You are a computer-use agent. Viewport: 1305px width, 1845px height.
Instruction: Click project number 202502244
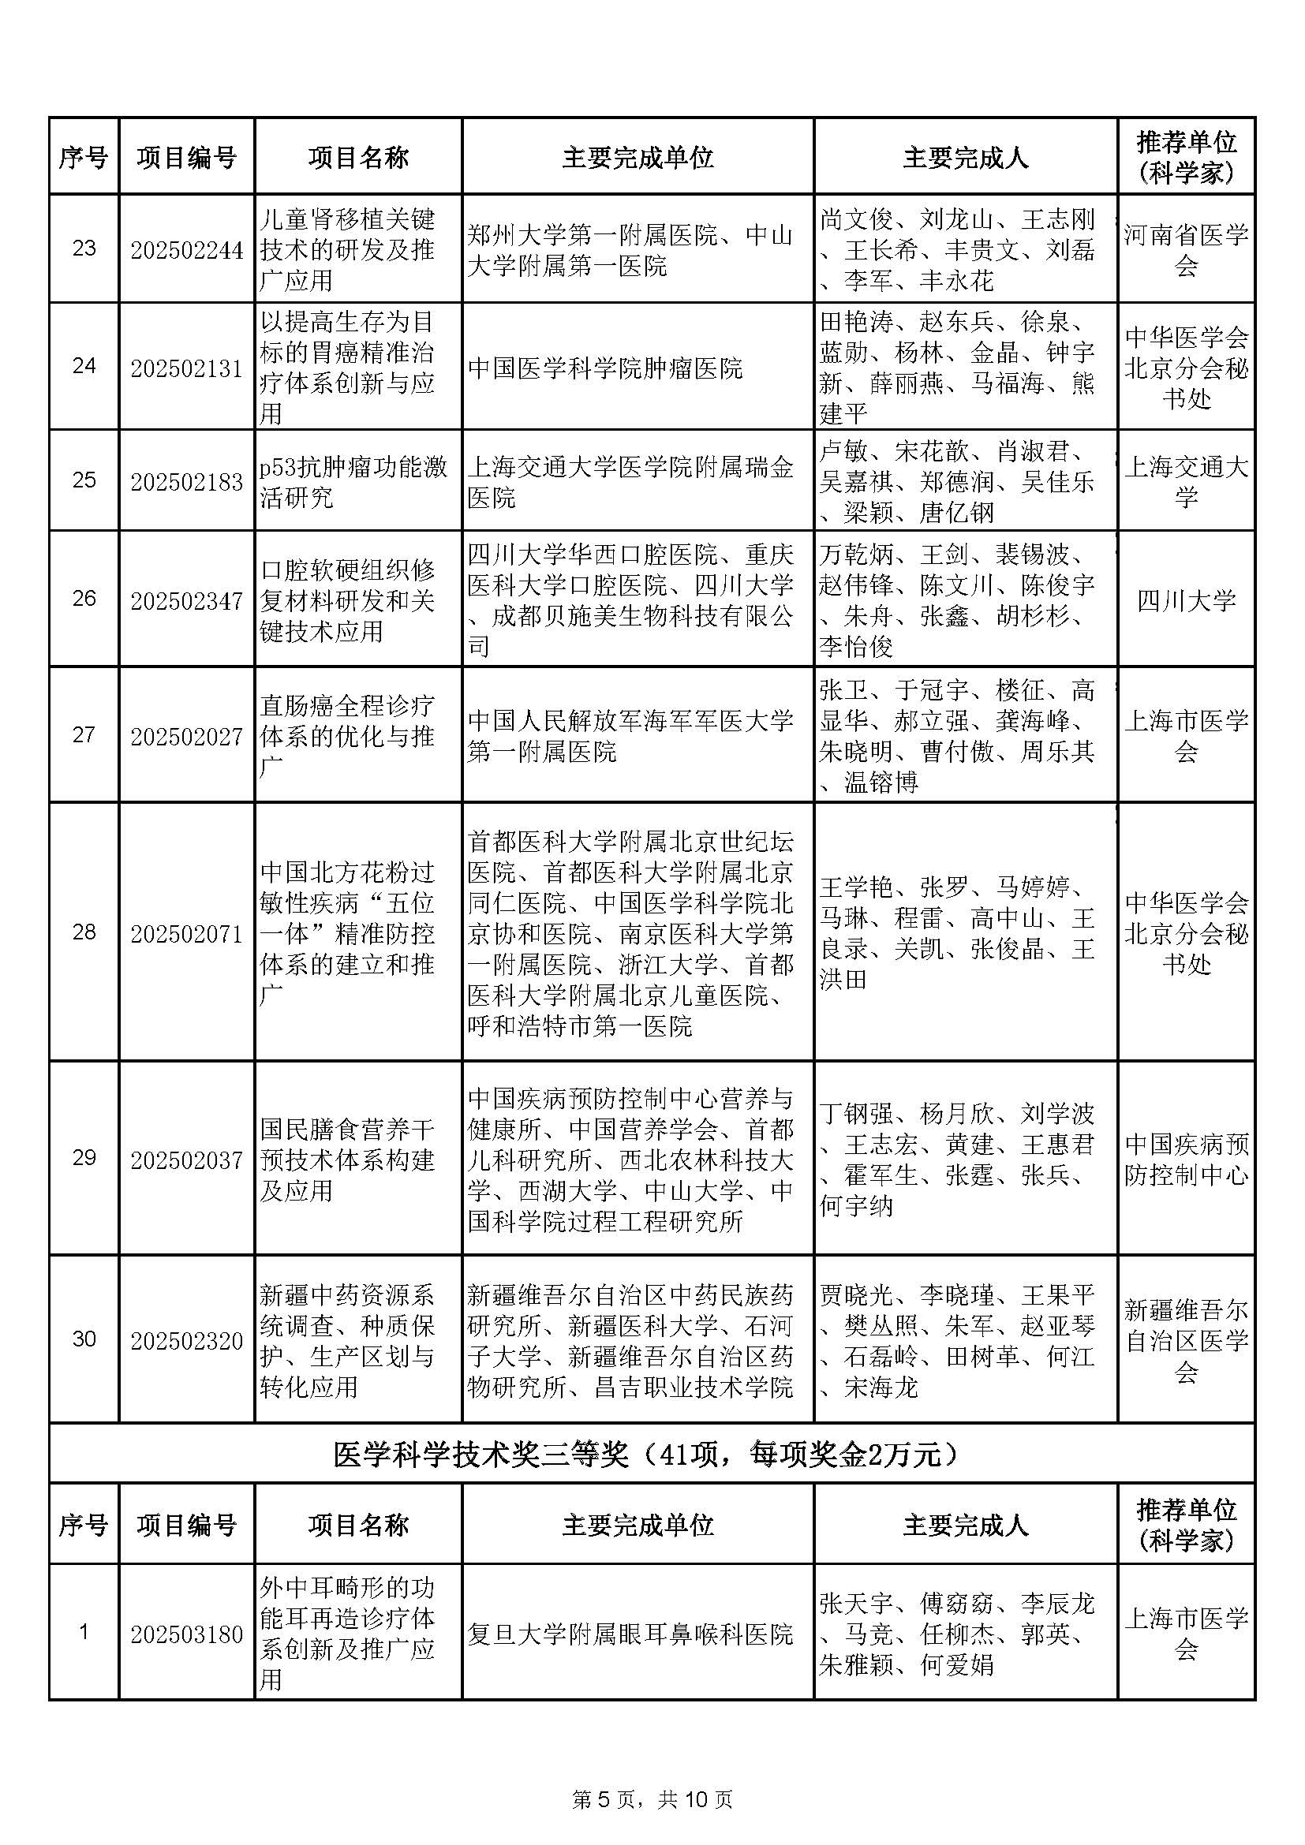click(x=186, y=250)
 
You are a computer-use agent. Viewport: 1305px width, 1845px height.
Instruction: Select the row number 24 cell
click(x=84, y=367)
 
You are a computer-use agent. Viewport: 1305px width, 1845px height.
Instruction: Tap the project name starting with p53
click(x=353, y=481)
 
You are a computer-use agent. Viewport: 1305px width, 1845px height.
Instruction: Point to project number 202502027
click(x=186, y=735)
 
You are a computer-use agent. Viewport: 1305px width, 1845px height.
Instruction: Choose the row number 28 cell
click(x=84, y=932)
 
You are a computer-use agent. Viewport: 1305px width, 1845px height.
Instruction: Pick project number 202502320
click(x=186, y=1341)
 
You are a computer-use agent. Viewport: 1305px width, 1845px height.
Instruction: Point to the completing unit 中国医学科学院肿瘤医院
click(x=605, y=369)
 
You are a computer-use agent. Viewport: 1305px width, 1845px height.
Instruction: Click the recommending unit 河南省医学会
click(x=1186, y=250)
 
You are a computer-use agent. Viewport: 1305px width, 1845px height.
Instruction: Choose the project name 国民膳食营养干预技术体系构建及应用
click(x=347, y=1160)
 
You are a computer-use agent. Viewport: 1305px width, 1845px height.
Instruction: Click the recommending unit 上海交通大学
click(x=1186, y=481)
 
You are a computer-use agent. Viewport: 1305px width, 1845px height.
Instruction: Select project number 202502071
click(x=186, y=934)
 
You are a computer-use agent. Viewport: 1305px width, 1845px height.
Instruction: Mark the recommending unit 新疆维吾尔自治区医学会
click(x=1186, y=1341)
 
